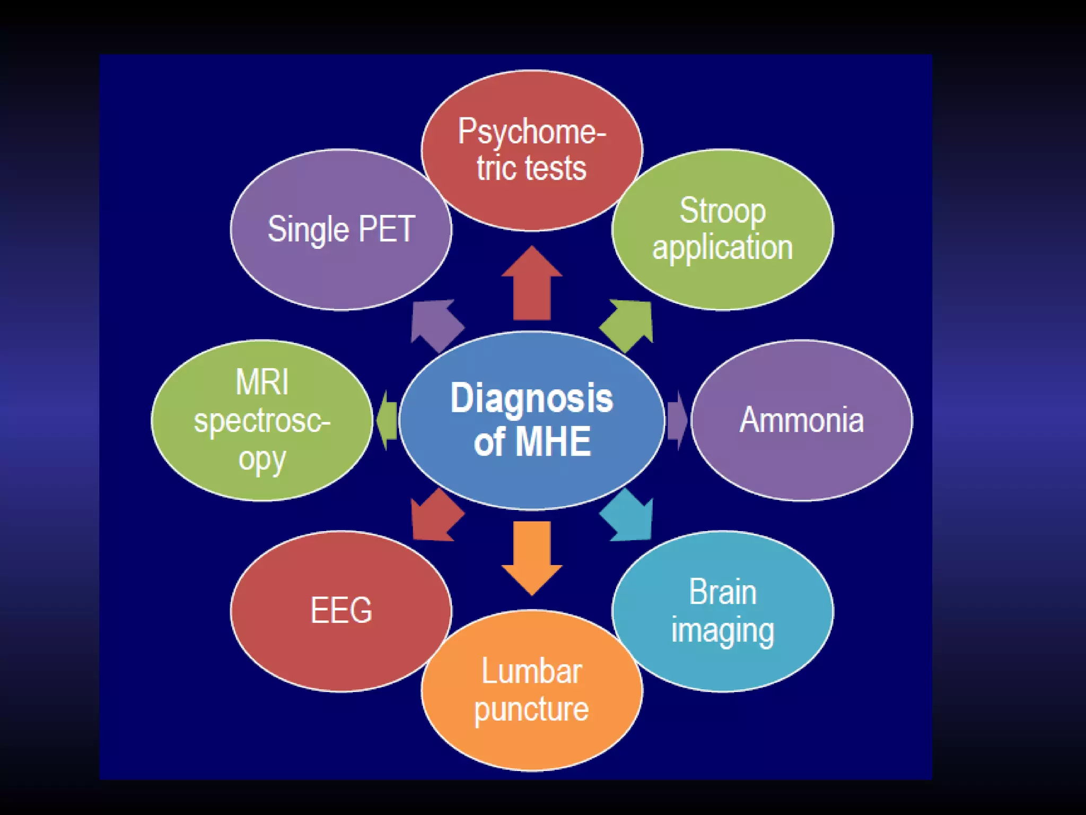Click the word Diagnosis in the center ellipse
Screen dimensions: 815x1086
click(531, 398)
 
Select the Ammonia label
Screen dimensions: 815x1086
click(801, 420)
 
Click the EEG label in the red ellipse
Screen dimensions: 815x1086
click(341, 611)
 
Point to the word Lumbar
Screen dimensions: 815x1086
click(531, 672)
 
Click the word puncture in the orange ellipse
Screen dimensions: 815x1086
click(531, 709)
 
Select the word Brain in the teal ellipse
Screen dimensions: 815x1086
click(722, 592)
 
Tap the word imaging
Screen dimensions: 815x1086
click(722, 631)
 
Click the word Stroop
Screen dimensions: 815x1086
click(722, 211)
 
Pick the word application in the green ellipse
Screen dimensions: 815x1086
click(722, 248)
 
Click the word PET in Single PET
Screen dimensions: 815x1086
click(387, 229)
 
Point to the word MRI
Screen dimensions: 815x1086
click(262, 382)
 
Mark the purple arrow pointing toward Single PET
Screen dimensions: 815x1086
click(435, 324)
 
